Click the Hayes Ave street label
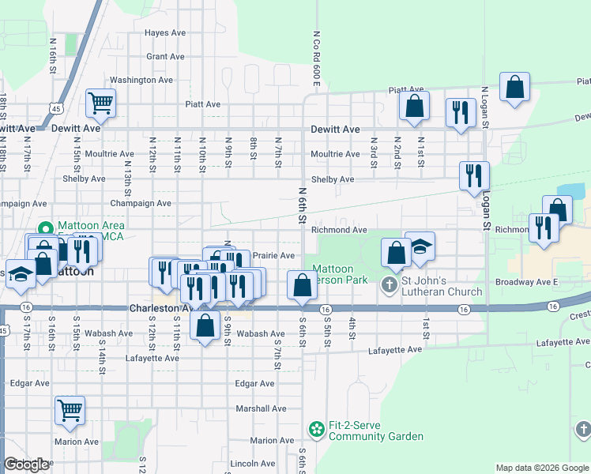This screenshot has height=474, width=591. (x=165, y=32)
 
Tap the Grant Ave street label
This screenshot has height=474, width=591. (x=165, y=56)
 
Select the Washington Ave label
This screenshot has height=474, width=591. (x=141, y=80)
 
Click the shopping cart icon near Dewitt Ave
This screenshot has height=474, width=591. (x=101, y=102)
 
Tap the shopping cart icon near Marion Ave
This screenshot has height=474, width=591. (x=70, y=410)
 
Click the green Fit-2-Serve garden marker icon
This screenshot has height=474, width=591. (x=317, y=430)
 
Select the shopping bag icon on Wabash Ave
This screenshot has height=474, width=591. (x=205, y=325)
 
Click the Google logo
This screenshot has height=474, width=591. (x=26, y=465)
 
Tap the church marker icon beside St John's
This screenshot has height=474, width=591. (x=390, y=284)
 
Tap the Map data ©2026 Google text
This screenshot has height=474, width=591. (x=541, y=468)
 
